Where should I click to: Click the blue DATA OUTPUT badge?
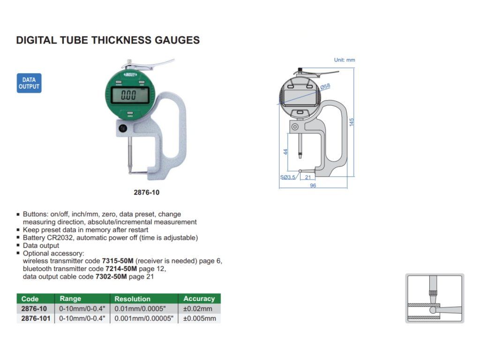pyautogui.click(x=29, y=83)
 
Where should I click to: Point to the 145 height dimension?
pyautogui.click(x=352, y=122)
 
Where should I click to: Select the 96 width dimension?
pyautogui.click(x=313, y=186)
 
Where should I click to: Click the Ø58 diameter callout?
pyautogui.click(x=325, y=87)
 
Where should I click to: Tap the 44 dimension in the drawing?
pyautogui.click(x=285, y=152)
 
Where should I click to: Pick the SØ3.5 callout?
pyautogui.click(x=288, y=177)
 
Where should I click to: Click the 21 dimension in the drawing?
pyautogui.click(x=307, y=177)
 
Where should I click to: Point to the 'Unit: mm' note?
pyautogui.click(x=345, y=60)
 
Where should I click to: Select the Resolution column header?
pyautogui.click(x=133, y=299)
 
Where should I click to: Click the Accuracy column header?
pyautogui.click(x=199, y=299)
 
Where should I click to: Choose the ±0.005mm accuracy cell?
pyautogui.click(x=200, y=318)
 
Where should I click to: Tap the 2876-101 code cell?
pyautogui.click(x=36, y=318)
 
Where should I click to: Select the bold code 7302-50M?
pyautogui.click(x=111, y=277)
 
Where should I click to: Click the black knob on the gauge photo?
pyautogui.click(x=123, y=128)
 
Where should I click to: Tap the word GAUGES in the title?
pyautogui.click(x=177, y=40)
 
